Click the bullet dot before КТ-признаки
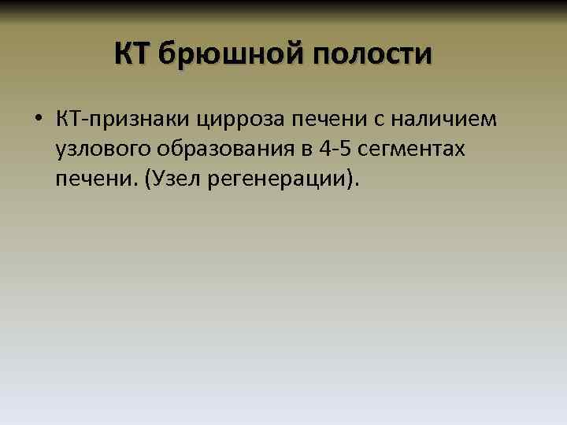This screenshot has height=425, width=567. [x=37, y=120]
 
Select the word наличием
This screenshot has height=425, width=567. [x=446, y=120]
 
